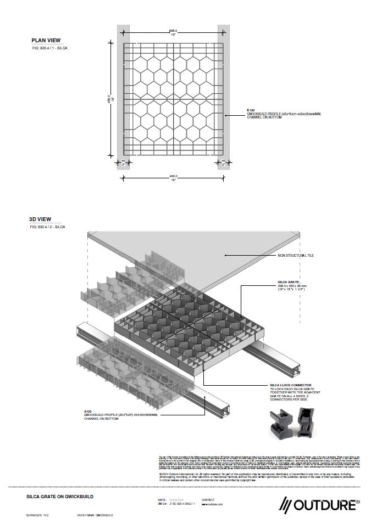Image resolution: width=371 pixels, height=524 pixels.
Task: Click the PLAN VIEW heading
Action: pyautogui.click(x=46, y=40)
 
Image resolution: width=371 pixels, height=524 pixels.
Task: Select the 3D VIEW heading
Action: pyautogui.click(x=40, y=219)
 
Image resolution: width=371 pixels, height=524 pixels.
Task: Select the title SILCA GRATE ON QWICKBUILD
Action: pyautogui.click(x=60, y=496)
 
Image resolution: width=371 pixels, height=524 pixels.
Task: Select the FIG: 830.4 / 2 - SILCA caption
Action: pyautogui.click(x=47, y=227)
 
